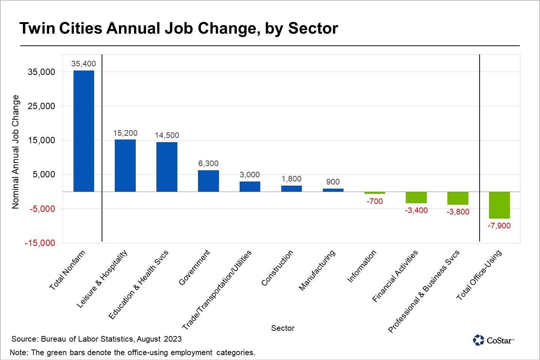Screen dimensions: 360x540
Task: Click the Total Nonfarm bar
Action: [x=84, y=131]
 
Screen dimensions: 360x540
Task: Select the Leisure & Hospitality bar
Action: [x=125, y=165]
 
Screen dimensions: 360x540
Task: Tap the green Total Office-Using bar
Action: [x=499, y=205]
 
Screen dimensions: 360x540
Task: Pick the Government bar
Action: [x=208, y=181]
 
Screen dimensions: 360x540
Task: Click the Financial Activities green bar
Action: [x=416, y=197]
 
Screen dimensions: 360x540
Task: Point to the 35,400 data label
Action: [x=84, y=64]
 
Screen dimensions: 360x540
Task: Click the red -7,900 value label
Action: [x=499, y=226]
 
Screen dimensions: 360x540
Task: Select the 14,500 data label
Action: [x=167, y=135]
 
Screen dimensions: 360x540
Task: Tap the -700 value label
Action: [x=375, y=201]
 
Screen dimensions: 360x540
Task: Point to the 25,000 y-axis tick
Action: [x=42, y=106]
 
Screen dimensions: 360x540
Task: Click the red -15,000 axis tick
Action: [x=40, y=243]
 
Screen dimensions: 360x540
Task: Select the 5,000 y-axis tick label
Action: [x=44, y=174]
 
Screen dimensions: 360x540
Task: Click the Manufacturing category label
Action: [x=317, y=270]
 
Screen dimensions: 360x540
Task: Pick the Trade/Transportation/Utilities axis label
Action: [x=217, y=290]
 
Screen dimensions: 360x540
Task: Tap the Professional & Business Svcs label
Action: [x=424, y=292]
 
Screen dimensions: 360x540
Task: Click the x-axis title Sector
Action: [x=283, y=328]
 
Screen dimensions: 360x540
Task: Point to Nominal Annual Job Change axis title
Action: [x=15, y=151]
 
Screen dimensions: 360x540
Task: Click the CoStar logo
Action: [x=493, y=340]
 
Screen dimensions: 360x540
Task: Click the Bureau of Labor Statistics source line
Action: [x=96, y=339]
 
